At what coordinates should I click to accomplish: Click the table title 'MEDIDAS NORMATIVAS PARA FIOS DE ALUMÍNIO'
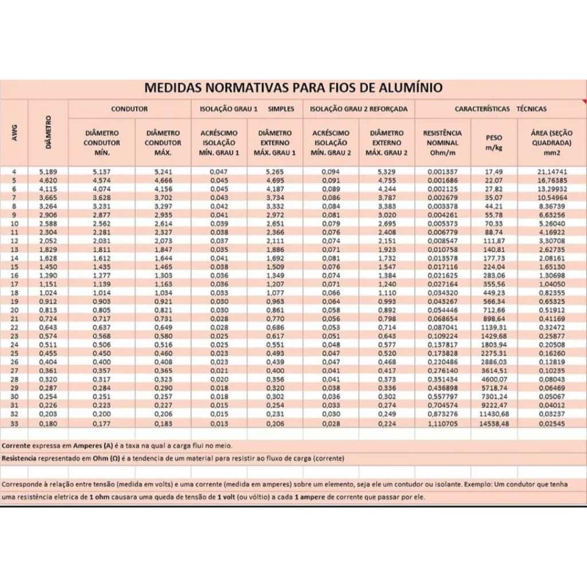tap(293, 88)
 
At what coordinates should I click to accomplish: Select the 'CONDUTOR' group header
tap(130, 108)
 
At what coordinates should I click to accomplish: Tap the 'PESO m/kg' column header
tap(494, 142)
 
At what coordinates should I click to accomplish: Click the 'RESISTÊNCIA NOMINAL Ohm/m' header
tap(443, 142)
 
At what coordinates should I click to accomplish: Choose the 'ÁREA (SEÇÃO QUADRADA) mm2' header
tap(552, 142)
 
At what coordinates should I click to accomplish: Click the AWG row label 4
tap(14, 171)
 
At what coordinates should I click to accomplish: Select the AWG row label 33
tap(14, 423)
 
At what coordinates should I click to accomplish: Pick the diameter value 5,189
tap(48, 171)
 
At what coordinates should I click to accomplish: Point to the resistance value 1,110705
tap(443, 423)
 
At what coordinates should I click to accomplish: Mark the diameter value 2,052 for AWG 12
tap(48, 241)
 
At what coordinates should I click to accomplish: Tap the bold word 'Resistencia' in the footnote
tap(19, 459)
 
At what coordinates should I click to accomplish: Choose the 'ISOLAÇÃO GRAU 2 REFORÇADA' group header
tap(359, 108)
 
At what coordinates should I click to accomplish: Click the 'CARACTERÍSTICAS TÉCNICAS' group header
tap(500, 108)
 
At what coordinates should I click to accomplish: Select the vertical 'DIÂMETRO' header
tap(48, 133)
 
